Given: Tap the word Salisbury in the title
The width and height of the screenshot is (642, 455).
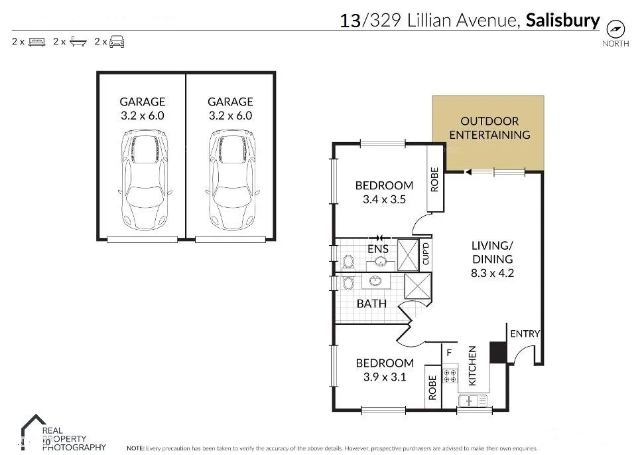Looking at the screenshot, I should pyautogui.click(x=562, y=21).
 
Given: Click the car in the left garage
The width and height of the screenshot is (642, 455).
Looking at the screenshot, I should pyautogui.click(x=142, y=179).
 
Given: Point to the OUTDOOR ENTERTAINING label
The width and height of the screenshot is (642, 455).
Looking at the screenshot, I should pyautogui.click(x=489, y=128).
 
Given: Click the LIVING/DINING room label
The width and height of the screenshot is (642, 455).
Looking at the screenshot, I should pyautogui.click(x=491, y=258).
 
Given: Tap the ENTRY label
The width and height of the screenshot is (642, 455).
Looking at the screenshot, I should pyautogui.click(x=524, y=333).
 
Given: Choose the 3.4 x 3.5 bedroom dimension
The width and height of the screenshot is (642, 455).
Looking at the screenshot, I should pyautogui.click(x=384, y=199).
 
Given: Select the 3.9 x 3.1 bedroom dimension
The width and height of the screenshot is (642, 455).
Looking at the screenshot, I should pyautogui.click(x=385, y=377).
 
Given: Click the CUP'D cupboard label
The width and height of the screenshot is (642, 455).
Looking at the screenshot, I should pyautogui.click(x=426, y=254).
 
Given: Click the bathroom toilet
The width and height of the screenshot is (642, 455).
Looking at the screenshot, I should pyautogui.click(x=348, y=284).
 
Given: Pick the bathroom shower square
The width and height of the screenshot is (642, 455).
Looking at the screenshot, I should pyautogui.click(x=418, y=287).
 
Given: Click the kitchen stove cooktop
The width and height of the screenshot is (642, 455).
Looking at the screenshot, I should pyautogui.click(x=450, y=377).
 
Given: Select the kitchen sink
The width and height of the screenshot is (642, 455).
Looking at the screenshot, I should pyautogui.click(x=472, y=400).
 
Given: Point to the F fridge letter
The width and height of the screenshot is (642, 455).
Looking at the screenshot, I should pyautogui.click(x=449, y=353).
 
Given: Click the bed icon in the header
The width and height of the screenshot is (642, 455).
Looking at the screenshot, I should pyautogui.click(x=36, y=42).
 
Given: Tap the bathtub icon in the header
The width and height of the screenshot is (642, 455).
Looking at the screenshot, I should pyautogui.click(x=78, y=42).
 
